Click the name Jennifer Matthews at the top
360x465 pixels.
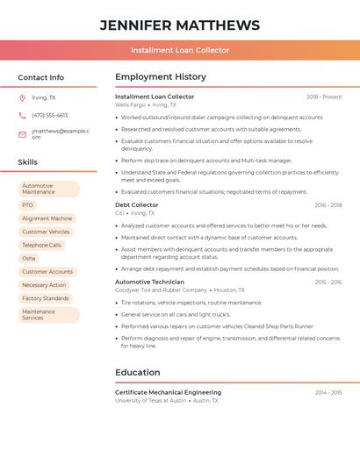[x=180, y=25]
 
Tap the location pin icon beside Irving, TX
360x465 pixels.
[x=22, y=97]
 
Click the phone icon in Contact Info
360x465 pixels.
[x=22, y=115]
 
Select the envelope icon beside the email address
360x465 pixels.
[x=22, y=134]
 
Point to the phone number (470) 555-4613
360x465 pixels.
[x=49, y=115]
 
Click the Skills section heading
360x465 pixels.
[x=28, y=162]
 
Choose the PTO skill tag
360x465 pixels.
[x=28, y=205]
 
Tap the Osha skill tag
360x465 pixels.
[x=29, y=259]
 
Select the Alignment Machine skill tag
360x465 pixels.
[x=47, y=218]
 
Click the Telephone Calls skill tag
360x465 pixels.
[x=42, y=246]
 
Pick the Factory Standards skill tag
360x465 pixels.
[x=46, y=298]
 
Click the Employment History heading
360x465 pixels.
[x=161, y=77]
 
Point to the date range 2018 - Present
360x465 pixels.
[x=324, y=97]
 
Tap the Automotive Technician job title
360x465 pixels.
[x=150, y=282]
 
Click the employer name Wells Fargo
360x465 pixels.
[x=131, y=104]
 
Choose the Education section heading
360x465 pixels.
[x=138, y=372]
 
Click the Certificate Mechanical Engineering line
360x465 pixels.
[x=169, y=392]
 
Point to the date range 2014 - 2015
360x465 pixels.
[x=328, y=392]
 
